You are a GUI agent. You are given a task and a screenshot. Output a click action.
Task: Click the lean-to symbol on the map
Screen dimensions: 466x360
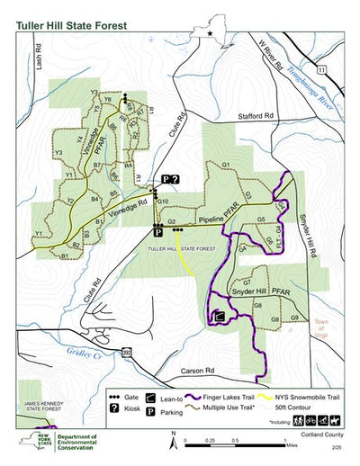click(218, 316)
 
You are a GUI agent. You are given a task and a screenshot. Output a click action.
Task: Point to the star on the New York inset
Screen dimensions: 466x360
click(212, 34)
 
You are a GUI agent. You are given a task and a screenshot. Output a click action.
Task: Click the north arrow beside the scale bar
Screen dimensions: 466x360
click(173, 438)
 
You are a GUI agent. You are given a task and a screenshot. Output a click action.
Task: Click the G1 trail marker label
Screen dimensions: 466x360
click(227, 165)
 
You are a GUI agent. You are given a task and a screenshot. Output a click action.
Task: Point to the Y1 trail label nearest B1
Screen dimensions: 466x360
click(39, 234)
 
